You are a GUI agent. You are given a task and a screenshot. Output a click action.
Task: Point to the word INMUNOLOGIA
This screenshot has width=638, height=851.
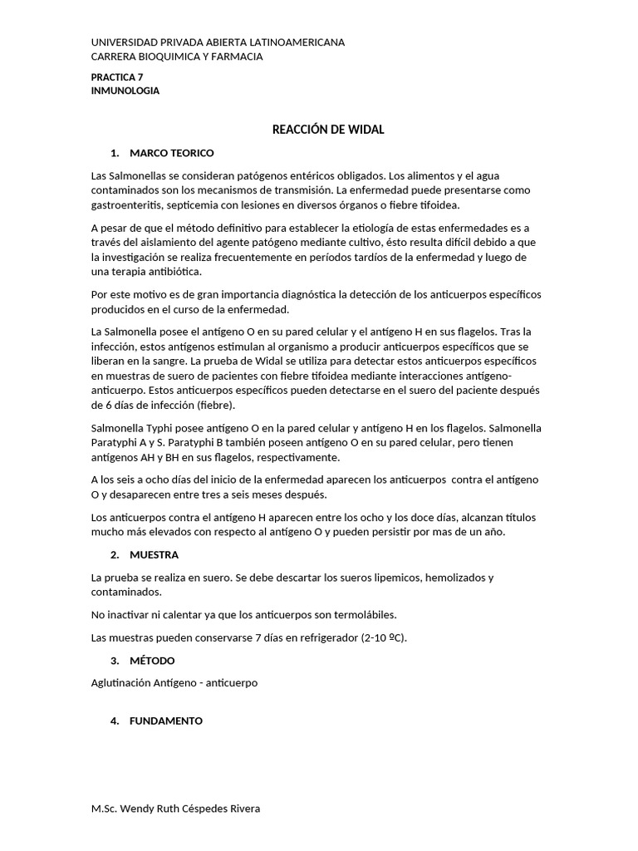[125, 91]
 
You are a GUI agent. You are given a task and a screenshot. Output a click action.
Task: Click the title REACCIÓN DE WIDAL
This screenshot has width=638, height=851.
[329, 130]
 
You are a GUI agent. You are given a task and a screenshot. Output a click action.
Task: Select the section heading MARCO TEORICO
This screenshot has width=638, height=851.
[172, 153]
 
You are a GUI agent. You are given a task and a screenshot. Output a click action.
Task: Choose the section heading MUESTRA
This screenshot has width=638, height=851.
[154, 554]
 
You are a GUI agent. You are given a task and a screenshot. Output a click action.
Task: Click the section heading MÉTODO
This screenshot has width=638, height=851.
[152, 661]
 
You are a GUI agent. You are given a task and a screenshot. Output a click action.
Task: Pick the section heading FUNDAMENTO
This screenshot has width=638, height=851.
[166, 721]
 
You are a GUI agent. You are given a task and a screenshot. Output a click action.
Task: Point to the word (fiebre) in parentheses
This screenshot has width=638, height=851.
[216, 406]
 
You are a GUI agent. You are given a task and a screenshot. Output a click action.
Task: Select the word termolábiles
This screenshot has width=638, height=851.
[363, 615]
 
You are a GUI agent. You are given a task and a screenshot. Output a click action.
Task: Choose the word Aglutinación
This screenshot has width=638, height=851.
[125, 683]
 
